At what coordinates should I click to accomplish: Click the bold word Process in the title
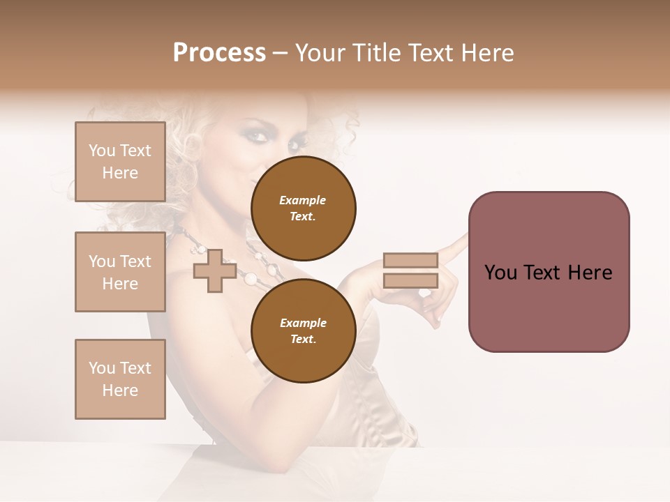click(219, 53)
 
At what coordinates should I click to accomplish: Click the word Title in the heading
click(374, 53)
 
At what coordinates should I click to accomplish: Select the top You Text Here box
click(120, 162)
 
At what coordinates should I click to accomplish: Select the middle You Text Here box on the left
click(120, 272)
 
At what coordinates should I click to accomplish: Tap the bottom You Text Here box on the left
click(120, 379)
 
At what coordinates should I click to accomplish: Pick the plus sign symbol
click(214, 271)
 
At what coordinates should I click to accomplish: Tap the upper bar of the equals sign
click(410, 260)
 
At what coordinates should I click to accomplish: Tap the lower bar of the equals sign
click(410, 280)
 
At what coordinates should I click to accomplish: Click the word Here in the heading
click(489, 53)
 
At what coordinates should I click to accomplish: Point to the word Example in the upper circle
click(303, 200)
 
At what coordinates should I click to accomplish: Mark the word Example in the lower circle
click(303, 323)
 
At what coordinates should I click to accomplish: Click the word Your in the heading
click(320, 53)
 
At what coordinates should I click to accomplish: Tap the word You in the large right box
click(500, 273)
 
